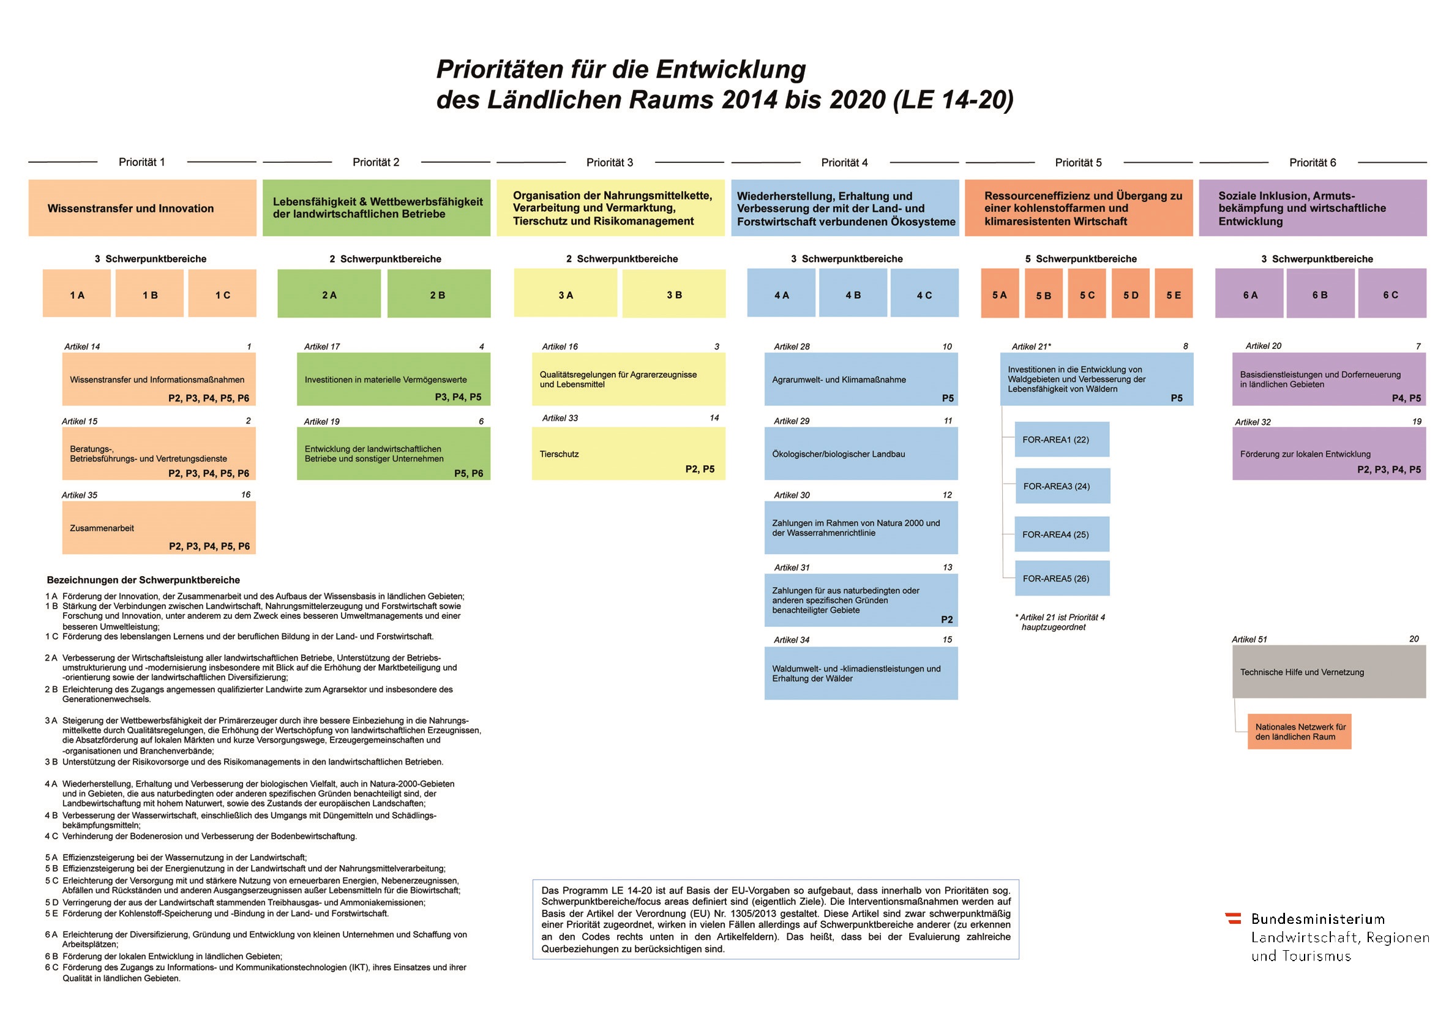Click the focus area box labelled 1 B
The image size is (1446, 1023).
(150, 293)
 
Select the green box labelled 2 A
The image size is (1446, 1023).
(329, 293)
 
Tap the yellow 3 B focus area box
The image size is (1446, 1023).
(674, 293)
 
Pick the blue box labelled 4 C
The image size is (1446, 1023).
(924, 293)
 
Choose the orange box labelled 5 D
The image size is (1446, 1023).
(1131, 293)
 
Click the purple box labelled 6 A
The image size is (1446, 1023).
(1249, 293)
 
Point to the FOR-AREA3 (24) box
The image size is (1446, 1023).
(1062, 485)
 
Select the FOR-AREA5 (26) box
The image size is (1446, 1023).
(1062, 578)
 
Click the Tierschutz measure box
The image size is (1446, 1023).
(628, 454)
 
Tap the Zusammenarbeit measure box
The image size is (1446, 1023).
(159, 528)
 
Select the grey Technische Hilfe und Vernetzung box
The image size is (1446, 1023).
(1329, 672)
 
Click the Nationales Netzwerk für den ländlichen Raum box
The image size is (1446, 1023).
(1299, 732)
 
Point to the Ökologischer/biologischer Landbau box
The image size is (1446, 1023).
(861, 454)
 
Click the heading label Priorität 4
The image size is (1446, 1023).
(844, 162)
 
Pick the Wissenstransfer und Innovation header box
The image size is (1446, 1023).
(142, 208)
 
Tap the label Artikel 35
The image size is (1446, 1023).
(80, 495)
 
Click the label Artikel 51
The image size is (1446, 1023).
(1249, 639)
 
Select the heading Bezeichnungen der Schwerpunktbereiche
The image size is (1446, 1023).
(143, 580)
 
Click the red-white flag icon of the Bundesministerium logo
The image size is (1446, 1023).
(1232, 918)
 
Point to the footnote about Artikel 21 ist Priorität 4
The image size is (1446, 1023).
(1060, 622)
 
